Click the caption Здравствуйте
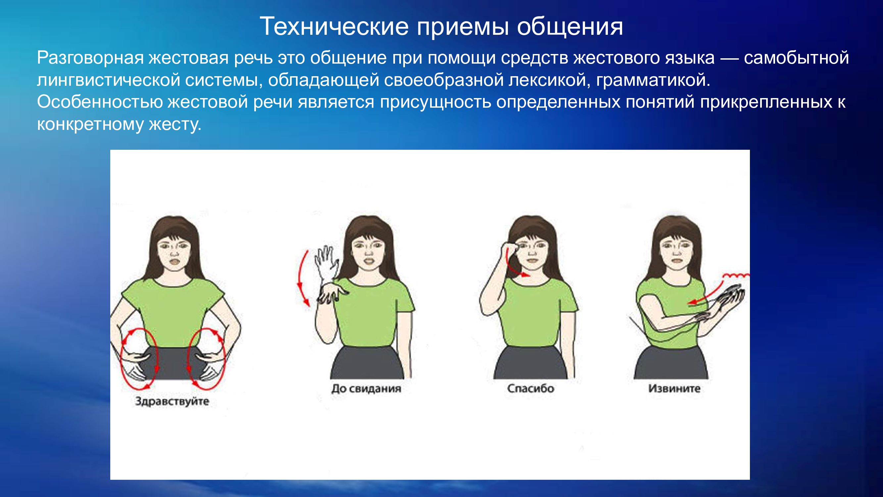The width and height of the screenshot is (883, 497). click(x=172, y=401)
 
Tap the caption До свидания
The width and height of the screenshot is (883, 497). click(x=366, y=389)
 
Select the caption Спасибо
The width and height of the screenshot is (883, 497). click(x=531, y=388)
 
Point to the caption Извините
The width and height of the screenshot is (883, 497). click(x=674, y=388)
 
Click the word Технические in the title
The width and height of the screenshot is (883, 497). click(x=334, y=27)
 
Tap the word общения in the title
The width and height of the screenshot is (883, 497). click(x=570, y=27)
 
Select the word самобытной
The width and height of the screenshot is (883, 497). click(x=796, y=58)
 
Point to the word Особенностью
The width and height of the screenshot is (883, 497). click(x=100, y=102)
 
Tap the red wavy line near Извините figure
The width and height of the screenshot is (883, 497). click(x=736, y=275)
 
